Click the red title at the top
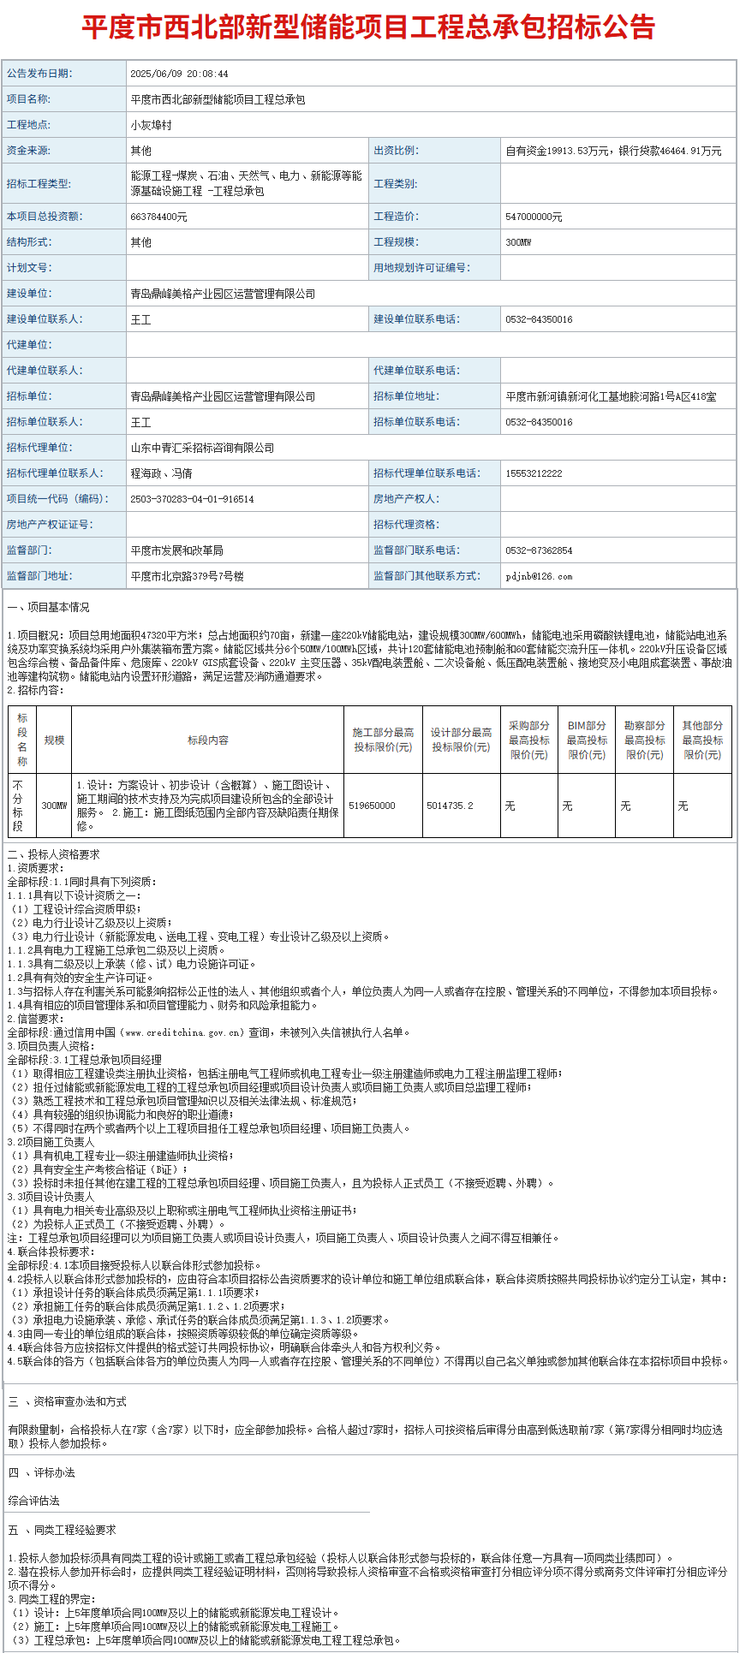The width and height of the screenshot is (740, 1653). (x=368, y=27)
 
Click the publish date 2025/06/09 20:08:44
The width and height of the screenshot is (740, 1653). (x=179, y=74)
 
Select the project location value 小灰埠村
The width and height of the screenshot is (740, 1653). (x=152, y=125)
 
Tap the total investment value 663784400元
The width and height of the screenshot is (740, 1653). (x=158, y=217)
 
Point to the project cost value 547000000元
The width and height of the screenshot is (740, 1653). (x=534, y=217)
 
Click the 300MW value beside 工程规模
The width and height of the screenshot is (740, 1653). (x=518, y=242)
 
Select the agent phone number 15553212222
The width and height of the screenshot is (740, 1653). (x=534, y=473)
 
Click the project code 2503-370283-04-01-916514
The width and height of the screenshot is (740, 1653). (x=192, y=499)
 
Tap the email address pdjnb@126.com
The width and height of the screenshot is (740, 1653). (x=539, y=576)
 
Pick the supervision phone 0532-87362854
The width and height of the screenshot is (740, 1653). (x=539, y=550)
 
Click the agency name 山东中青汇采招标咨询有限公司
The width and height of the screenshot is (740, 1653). (x=202, y=448)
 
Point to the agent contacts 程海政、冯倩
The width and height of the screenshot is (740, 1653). (x=161, y=473)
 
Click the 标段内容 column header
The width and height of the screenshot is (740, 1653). (x=207, y=740)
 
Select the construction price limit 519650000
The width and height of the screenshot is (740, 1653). (x=372, y=806)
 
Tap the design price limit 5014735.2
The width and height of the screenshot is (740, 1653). (x=450, y=806)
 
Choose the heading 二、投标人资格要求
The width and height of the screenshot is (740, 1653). (x=53, y=854)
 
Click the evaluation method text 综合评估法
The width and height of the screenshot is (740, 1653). (x=34, y=1501)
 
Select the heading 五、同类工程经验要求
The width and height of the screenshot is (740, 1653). (x=62, y=1530)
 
